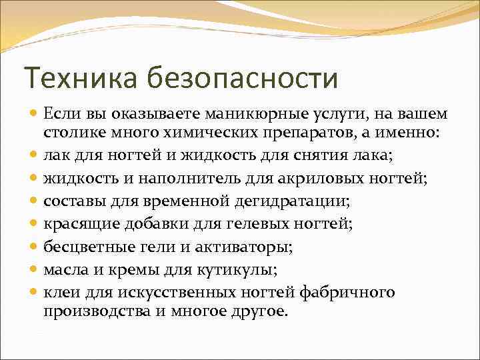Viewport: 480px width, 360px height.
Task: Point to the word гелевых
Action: pyautogui.click(x=254, y=223)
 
